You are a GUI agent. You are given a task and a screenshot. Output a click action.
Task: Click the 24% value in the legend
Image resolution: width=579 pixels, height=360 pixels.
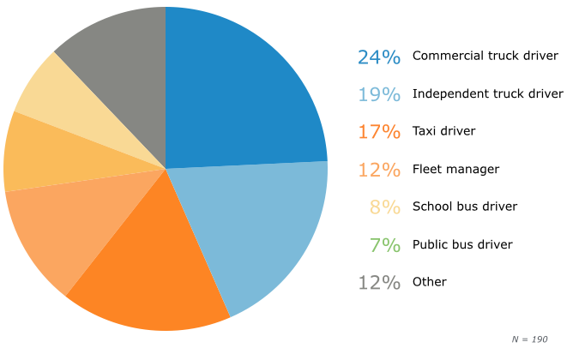click(x=379, y=57)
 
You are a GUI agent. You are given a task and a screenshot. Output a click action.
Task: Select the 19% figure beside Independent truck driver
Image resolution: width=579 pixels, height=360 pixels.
click(x=379, y=94)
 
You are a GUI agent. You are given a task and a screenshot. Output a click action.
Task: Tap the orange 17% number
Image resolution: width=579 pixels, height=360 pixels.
click(x=379, y=132)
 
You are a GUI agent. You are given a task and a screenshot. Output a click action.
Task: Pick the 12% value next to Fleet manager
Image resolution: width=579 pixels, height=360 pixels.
click(x=379, y=170)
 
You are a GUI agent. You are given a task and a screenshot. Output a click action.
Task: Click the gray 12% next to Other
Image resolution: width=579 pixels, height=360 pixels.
click(x=379, y=282)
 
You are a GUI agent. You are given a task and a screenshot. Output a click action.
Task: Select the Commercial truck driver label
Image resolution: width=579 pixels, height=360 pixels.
click(x=486, y=56)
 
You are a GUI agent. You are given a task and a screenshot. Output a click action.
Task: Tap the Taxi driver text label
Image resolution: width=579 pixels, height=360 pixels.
click(x=443, y=131)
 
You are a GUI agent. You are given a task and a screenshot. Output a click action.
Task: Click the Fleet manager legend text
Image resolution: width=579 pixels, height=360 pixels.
click(x=455, y=169)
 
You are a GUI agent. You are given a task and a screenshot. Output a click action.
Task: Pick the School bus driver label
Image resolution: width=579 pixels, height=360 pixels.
click(x=465, y=207)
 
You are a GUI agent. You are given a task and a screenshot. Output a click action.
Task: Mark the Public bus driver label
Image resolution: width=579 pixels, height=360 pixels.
click(x=462, y=244)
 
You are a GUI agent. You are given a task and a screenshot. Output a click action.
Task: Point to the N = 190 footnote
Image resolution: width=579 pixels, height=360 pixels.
click(x=529, y=339)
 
